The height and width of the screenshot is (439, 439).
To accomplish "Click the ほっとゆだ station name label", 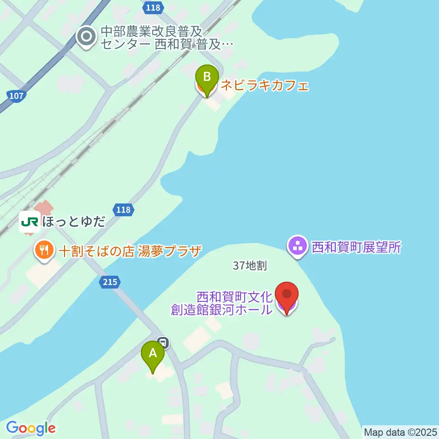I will pyautogui.click(x=74, y=223).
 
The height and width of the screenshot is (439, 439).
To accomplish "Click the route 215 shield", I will pyautogui.click(x=110, y=283).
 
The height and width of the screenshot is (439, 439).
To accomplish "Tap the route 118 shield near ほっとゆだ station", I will pyautogui.click(x=123, y=210).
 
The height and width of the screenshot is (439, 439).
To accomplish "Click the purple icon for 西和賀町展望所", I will pyautogui.click(x=298, y=246).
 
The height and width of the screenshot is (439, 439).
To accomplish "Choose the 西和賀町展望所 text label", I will pyautogui.click(x=356, y=247).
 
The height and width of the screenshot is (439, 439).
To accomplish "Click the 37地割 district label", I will pyautogui.click(x=249, y=265).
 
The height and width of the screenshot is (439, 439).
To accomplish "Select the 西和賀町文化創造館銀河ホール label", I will pyautogui.click(x=222, y=303).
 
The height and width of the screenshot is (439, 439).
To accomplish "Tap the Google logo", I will pyautogui.click(x=31, y=428).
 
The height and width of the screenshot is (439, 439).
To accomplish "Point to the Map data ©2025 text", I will pyautogui.click(x=400, y=432).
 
